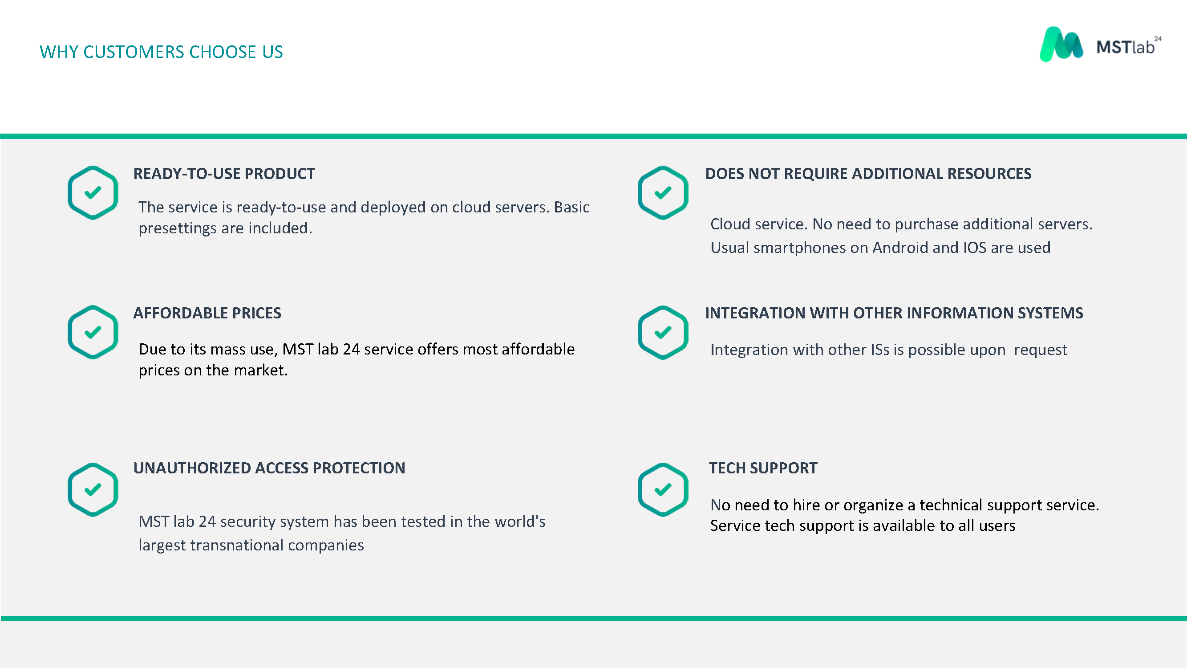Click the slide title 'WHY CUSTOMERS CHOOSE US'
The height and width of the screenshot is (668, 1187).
(161, 52)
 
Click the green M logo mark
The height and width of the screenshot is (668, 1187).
(1061, 44)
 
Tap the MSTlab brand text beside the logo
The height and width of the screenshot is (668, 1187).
(1129, 46)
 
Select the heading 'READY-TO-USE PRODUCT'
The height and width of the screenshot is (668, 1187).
(224, 174)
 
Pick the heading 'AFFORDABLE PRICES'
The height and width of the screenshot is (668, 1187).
(207, 313)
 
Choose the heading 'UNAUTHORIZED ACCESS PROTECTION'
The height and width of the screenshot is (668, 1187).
(269, 468)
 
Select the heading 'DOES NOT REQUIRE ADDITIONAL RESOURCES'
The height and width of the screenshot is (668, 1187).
(868, 174)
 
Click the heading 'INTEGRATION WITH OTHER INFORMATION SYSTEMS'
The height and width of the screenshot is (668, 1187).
(894, 313)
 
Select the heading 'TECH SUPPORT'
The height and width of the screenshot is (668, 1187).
(763, 468)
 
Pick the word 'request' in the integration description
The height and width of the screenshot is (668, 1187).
(1041, 350)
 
